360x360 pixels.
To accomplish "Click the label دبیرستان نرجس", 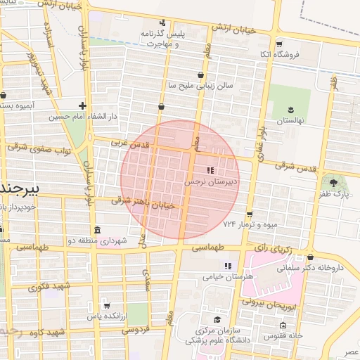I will [x=210, y=181].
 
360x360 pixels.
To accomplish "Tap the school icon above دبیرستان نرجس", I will [x=210, y=171].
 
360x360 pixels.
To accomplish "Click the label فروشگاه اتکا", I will [x=280, y=54].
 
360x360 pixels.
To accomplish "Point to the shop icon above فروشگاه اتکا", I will [x=279, y=44].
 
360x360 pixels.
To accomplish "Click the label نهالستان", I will [x=290, y=120].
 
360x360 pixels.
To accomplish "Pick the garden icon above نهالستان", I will [x=289, y=109].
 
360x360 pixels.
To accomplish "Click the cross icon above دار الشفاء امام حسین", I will [x=83, y=105].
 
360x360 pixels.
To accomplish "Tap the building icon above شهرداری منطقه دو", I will [x=96, y=231].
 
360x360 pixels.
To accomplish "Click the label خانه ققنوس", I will [x=283, y=335].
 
